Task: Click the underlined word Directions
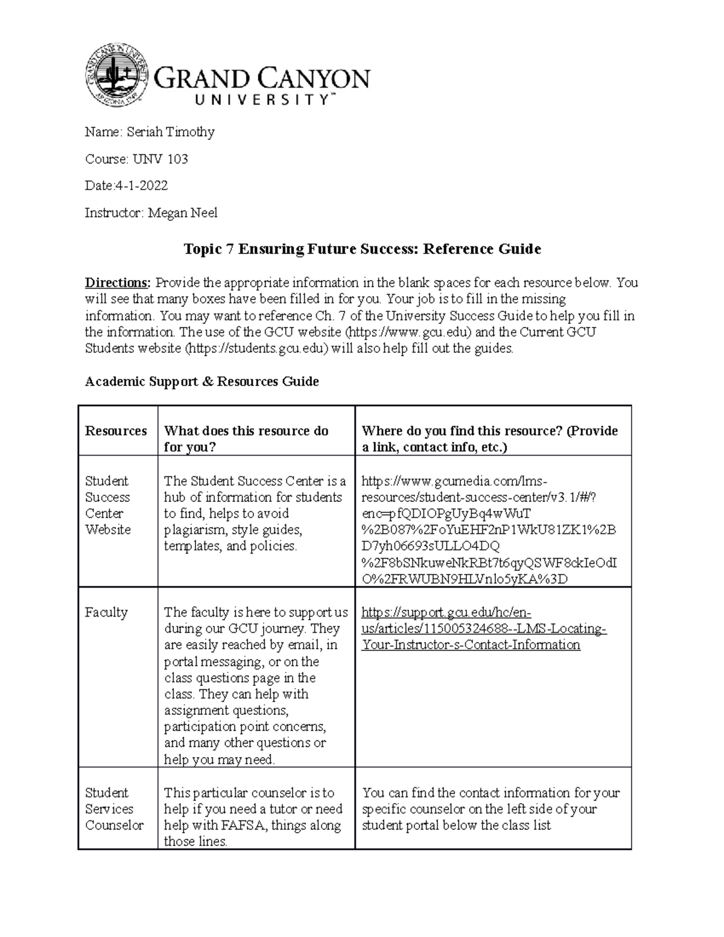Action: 118,283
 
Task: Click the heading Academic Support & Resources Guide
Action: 202,381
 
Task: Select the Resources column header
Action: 116,431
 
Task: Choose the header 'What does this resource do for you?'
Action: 246,439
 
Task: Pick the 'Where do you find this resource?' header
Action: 489,439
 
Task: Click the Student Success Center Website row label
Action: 108,505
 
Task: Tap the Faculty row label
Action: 106,612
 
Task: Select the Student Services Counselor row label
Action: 114,809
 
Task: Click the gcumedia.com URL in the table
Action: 489,530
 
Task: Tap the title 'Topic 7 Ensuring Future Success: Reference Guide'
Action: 362,249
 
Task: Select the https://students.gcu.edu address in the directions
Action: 259,348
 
